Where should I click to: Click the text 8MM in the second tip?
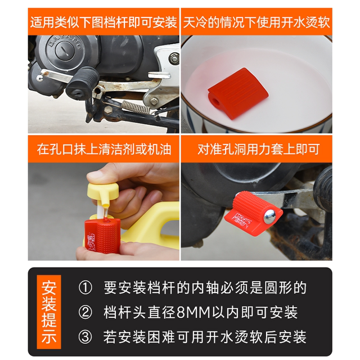pos(195,312)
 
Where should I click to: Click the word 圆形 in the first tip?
pos(280,288)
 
